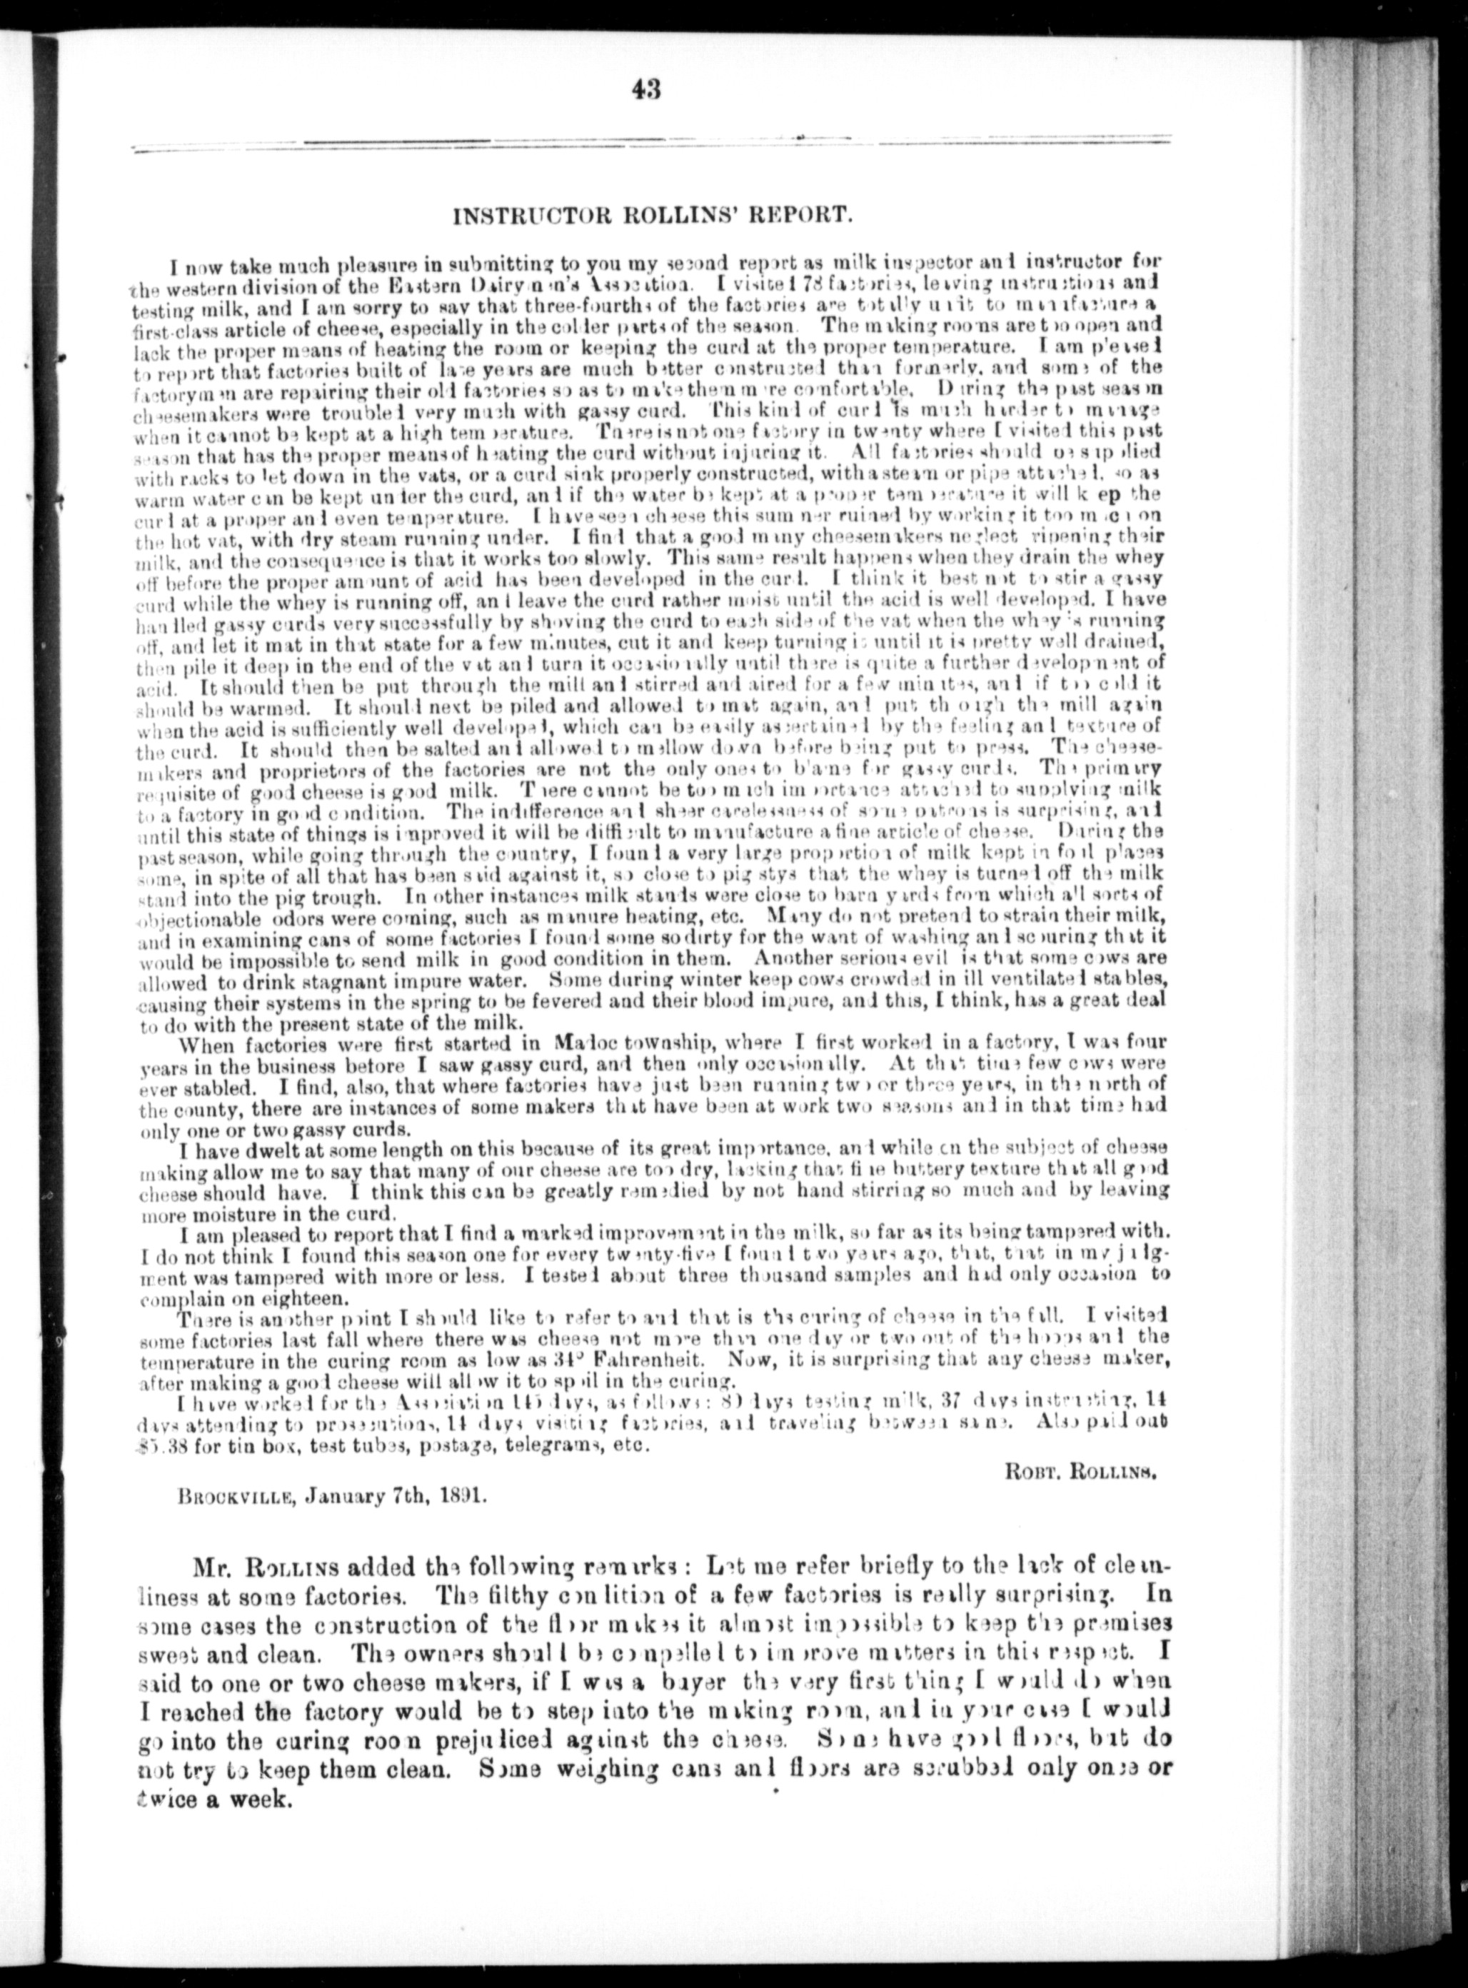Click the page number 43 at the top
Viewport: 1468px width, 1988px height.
[x=646, y=91]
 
